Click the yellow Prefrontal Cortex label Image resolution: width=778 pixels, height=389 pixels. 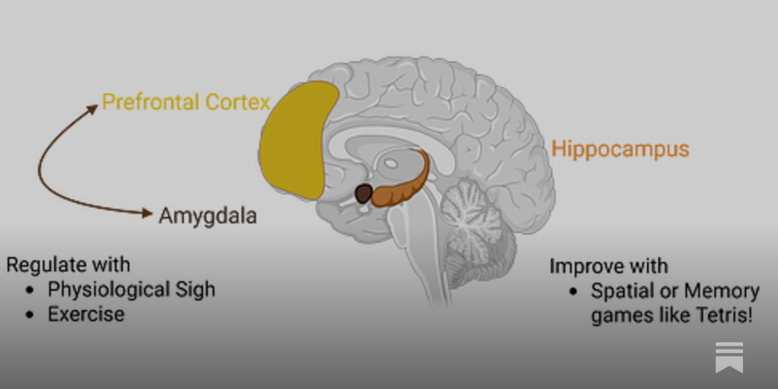click(x=186, y=102)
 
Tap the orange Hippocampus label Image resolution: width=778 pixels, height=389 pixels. click(x=620, y=149)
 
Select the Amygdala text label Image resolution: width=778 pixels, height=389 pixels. click(x=208, y=216)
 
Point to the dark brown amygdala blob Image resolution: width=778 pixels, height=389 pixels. click(x=363, y=194)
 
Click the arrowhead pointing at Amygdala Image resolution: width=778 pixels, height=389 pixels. click(x=147, y=213)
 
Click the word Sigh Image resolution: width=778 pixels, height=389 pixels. click(x=195, y=290)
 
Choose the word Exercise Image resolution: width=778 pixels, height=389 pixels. click(x=86, y=314)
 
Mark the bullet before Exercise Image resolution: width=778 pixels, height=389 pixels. click(x=30, y=315)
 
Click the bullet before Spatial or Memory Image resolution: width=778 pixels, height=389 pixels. click(x=573, y=291)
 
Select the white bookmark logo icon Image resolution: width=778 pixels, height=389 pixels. click(x=729, y=357)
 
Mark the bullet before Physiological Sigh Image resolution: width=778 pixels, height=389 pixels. click(x=30, y=290)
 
